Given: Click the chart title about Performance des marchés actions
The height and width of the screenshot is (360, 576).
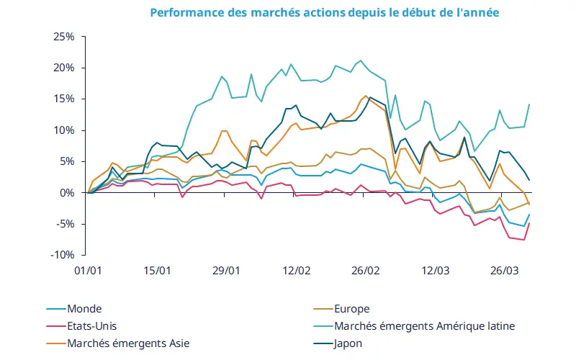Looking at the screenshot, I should click(324, 13).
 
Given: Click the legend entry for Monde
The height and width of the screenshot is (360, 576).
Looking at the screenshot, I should click(84, 308).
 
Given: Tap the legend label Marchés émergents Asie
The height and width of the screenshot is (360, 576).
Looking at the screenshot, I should click(127, 343).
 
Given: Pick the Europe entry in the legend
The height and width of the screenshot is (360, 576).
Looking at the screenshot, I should click(351, 308).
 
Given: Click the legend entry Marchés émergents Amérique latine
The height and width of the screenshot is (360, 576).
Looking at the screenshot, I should click(423, 325).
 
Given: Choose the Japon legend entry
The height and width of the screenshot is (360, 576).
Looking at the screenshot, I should click(348, 343).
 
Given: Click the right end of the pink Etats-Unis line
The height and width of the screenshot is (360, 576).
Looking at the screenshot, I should click(530, 223).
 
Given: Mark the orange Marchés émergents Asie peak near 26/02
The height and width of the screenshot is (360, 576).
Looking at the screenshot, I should click(366, 96).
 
